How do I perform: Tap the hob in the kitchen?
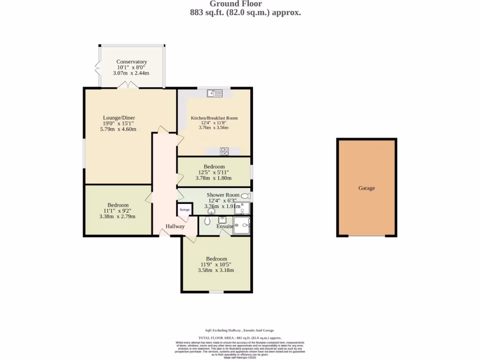coord(224,151)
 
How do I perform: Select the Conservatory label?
coord(132,62)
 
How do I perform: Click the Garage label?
coord(367,188)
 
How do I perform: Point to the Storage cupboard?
coord(185,210)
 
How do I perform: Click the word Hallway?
coord(175,226)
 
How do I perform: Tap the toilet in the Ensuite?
coord(207,220)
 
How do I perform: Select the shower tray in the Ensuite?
coord(242,225)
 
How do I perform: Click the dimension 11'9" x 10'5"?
coord(216,264)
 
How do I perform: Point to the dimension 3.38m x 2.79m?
coord(117,217)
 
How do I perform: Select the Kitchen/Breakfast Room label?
coord(214,118)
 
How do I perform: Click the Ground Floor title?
coord(242,4)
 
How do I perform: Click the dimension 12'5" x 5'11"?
coord(213,172)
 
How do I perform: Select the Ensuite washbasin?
coord(222,219)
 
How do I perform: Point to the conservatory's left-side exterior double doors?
coord(97,68)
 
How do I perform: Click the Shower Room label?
coord(223,195)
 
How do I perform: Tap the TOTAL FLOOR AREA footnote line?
coord(240,337)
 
